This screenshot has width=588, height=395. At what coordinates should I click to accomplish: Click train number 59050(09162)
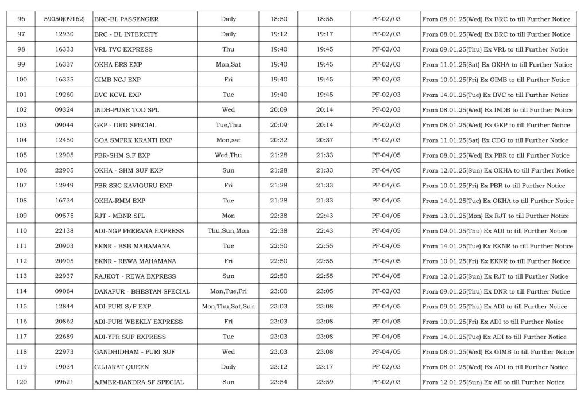[x=64, y=19]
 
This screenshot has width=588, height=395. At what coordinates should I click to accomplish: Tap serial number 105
[x=22, y=155]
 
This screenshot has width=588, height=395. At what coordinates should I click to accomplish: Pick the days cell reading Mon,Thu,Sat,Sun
[x=228, y=307]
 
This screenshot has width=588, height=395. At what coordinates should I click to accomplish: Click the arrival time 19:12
[x=278, y=34]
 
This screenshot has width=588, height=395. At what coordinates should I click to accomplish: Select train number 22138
[x=64, y=231]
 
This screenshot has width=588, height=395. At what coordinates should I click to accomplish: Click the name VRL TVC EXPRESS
[x=122, y=50]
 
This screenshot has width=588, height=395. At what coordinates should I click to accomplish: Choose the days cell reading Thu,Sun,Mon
[x=228, y=231]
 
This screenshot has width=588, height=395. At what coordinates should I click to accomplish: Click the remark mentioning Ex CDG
[x=497, y=140]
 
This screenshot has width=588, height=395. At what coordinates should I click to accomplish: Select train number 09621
[x=64, y=382]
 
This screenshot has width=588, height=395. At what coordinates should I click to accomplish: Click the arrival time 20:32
[x=278, y=140]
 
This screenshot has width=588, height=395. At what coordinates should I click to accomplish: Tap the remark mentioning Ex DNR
[x=497, y=292]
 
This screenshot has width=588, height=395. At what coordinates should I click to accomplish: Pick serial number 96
[x=22, y=19]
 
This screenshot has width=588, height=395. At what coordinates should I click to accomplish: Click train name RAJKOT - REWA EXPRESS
[x=135, y=276]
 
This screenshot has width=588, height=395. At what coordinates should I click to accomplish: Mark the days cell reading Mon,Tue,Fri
[x=228, y=292]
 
